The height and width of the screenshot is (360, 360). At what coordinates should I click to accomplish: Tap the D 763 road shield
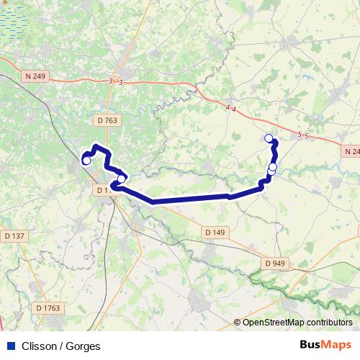[x=106, y=121]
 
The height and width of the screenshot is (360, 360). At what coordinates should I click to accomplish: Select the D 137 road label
[x=14, y=235]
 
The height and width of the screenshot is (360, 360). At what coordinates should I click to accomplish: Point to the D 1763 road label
[x=48, y=308]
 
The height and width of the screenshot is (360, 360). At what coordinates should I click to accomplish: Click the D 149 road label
[x=215, y=232]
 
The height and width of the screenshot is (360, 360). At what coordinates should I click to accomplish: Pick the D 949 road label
[x=275, y=264]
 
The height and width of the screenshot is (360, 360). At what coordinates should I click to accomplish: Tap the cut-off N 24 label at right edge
[x=351, y=152]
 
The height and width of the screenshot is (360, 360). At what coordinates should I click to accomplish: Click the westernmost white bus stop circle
[x=86, y=161]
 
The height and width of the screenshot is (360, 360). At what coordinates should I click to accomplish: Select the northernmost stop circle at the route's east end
[x=269, y=138]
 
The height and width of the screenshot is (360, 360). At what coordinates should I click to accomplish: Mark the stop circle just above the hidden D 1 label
[x=122, y=179]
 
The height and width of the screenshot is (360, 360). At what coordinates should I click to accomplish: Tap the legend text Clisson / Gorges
[x=61, y=346]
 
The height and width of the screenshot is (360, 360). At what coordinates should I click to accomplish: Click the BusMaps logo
[x=325, y=345]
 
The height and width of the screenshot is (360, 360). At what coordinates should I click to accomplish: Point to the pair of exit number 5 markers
[x=303, y=135]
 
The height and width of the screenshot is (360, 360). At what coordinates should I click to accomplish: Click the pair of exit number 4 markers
[x=230, y=108]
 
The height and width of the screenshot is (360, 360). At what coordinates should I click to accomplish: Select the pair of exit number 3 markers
[x=115, y=82]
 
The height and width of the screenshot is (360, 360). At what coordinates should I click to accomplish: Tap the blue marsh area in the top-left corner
[x=14, y=18]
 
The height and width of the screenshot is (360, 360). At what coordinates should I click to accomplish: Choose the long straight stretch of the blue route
[x=191, y=199]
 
